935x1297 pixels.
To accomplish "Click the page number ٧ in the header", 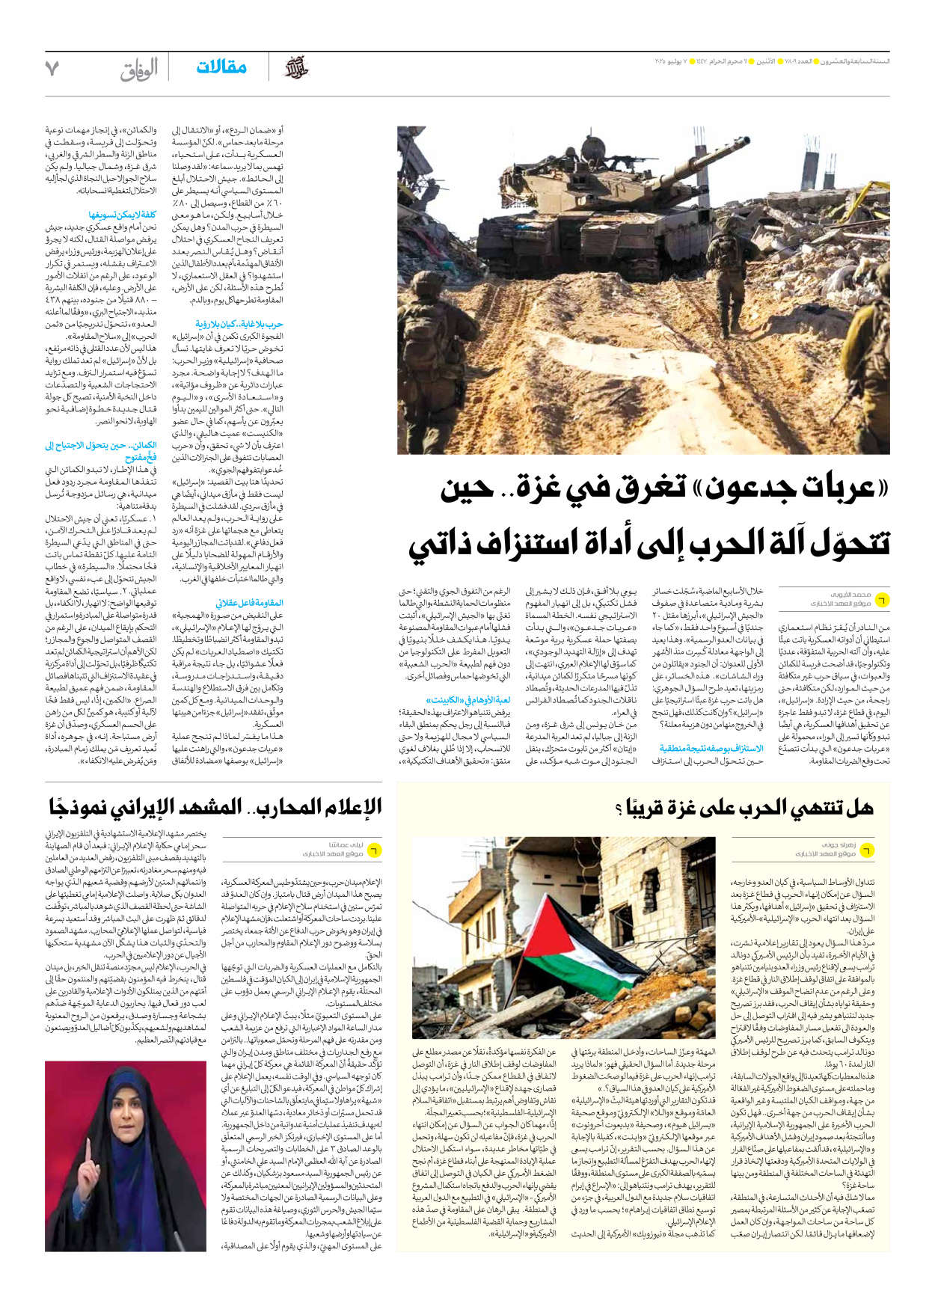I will click(52, 69).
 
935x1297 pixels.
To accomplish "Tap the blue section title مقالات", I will click(221, 67).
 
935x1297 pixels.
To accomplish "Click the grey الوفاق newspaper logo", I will click(139, 70).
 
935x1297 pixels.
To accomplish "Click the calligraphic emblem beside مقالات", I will click(295, 68).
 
